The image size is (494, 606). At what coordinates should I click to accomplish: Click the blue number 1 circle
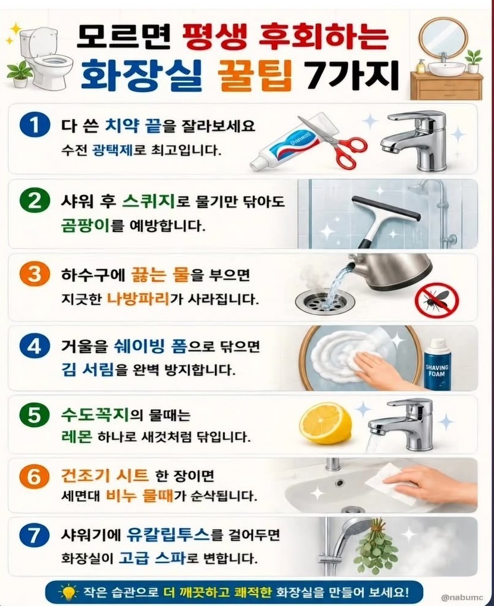click(x=35, y=125)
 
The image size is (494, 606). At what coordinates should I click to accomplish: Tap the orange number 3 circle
click(x=35, y=274)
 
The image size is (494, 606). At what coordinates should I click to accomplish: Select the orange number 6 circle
click(x=35, y=476)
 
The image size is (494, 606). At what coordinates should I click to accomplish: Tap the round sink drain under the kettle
click(x=325, y=301)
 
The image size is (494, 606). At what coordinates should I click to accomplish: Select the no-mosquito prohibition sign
click(x=437, y=300)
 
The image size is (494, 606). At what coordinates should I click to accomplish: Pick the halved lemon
click(x=326, y=423)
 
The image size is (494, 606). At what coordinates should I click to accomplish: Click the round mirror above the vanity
click(x=443, y=37)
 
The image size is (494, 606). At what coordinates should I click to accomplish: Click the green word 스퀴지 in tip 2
click(x=149, y=201)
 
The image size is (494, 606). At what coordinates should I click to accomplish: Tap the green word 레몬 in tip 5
click(x=77, y=437)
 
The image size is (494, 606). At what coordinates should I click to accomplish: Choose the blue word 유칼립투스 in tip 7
click(x=168, y=535)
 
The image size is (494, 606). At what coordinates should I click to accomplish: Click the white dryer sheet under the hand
click(x=387, y=485)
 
